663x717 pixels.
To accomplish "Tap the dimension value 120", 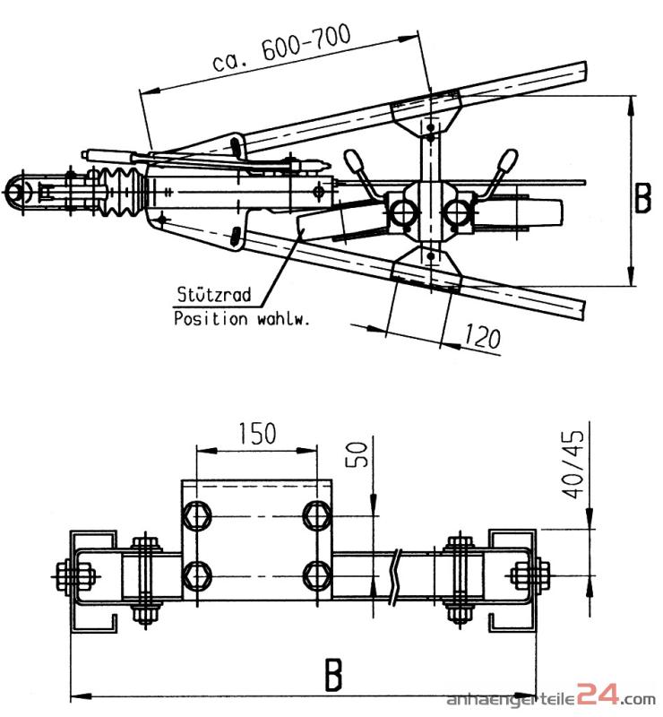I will tap(482, 337).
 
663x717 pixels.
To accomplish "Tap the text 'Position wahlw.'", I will tap(241, 317).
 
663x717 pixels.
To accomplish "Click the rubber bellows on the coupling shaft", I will tap(124, 190).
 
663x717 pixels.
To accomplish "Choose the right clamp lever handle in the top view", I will tap(507, 163).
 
